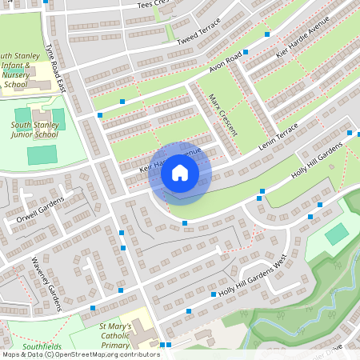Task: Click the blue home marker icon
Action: coord(180,173)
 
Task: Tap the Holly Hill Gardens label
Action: coord(317,162)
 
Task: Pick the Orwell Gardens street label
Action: coord(37,207)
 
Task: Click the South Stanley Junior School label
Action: coord(34,130)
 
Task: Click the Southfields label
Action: coord(42,346)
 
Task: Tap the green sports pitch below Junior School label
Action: coord(42,154)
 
